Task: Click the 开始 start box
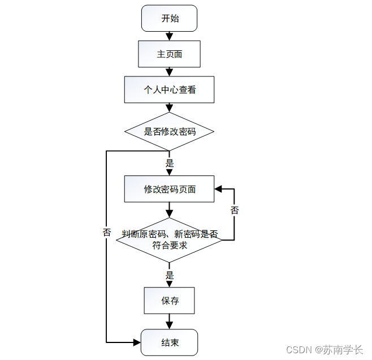click(x=169, y=18)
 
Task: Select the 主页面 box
click(x=169, y=54)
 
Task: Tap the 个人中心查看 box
click(x=169, y=89)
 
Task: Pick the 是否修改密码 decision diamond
click(x=169, y=132)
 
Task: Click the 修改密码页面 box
click(x=169, y=189)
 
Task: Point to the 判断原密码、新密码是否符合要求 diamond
click(x=169, y=240)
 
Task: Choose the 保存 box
click(x=169, y=301)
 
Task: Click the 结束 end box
click(x=169, y=342)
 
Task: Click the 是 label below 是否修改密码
click(x=169, y=164)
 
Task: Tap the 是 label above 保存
click(x=169, y=276)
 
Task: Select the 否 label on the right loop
click(x=235, y=210)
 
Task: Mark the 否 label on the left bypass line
click(x=107, y=232)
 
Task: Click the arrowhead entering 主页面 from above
click(x=169, y=37)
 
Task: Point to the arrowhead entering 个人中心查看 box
click(x=169, y=72)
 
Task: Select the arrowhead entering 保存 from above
click(x=169, y=284)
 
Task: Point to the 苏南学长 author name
click(x=343, y=350)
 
